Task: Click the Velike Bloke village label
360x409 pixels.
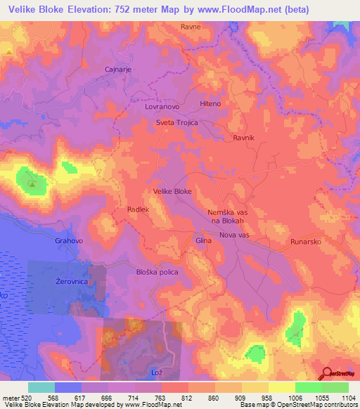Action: [172, 191]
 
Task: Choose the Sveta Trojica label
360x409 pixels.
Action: [177, 122]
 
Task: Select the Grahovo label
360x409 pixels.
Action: [69, 240]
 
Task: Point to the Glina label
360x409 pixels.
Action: [204, 240]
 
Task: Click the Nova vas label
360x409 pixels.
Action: [235, 235]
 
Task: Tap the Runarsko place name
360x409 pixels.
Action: [307, 241]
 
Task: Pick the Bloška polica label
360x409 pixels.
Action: [157, 272]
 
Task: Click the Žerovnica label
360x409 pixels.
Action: [71, 281]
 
